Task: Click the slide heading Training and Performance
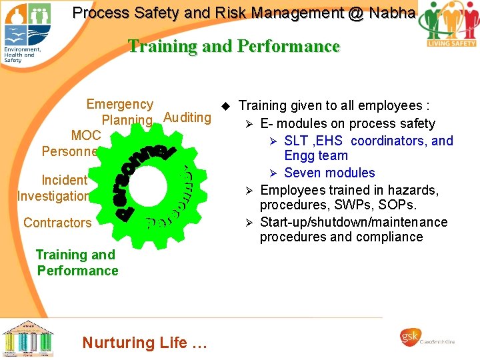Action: coord(233,47)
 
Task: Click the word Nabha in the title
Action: coord(392,13)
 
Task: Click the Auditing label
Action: coord(187,118)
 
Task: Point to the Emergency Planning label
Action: coord(123,112)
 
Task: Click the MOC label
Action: coord(86,135)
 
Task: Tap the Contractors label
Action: coord(57,223)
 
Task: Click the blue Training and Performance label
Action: coord(77,263)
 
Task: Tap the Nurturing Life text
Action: coord(145,343)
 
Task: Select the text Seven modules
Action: coord(329,173)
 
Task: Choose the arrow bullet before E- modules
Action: coord(249,124)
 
